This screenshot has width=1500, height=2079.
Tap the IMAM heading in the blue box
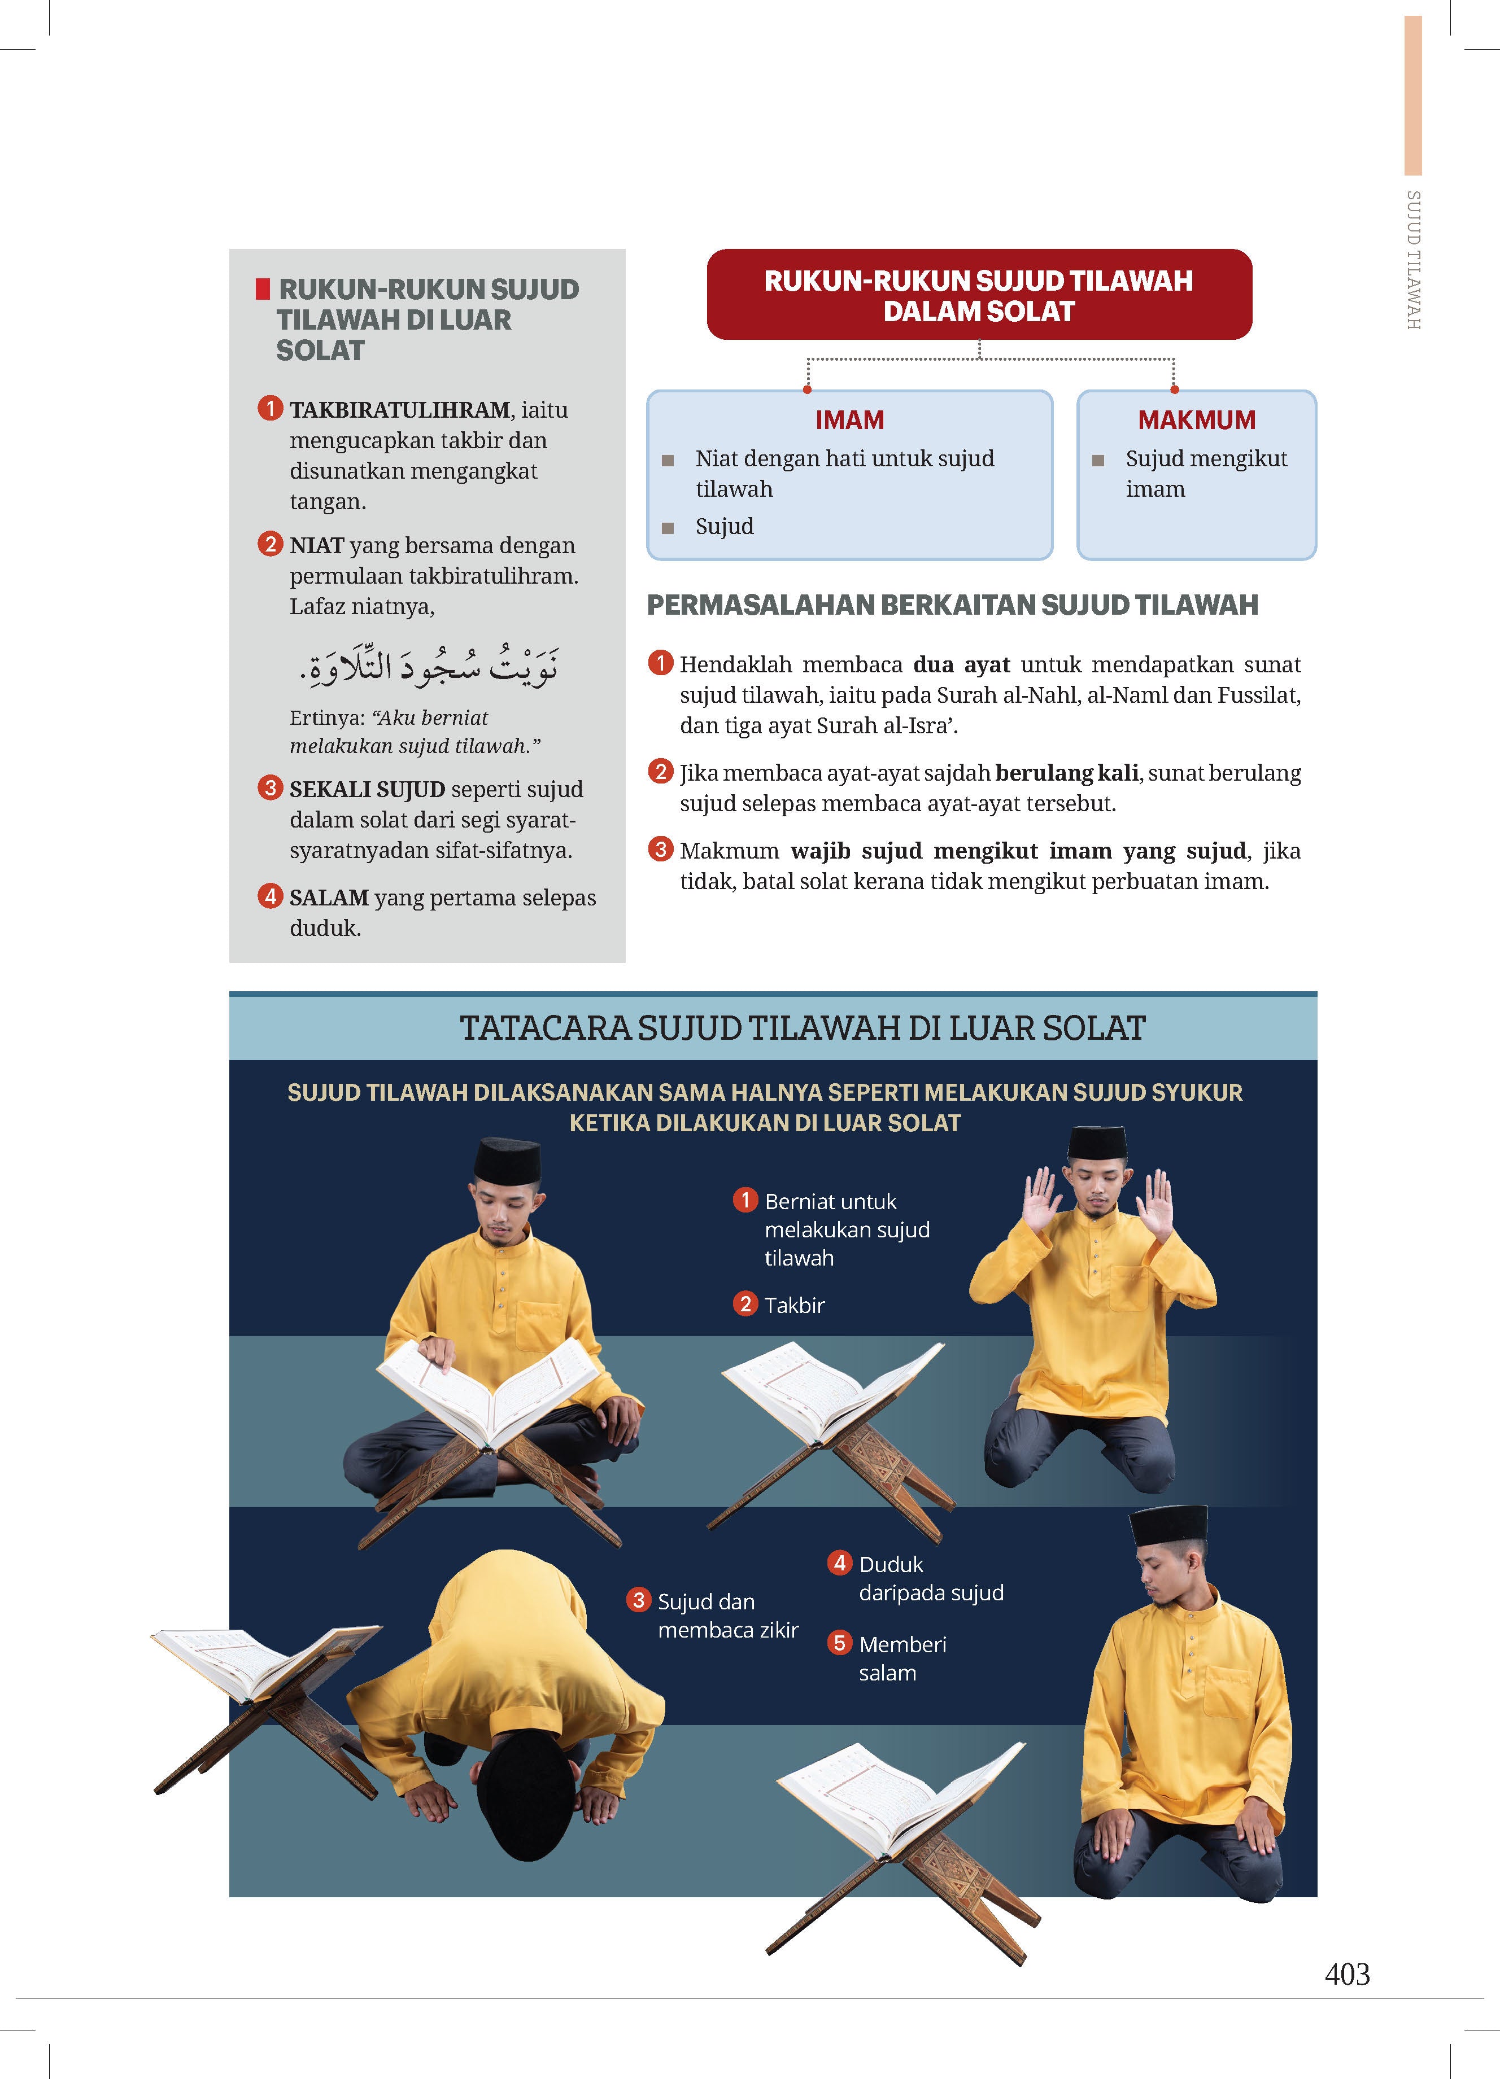[849, 420]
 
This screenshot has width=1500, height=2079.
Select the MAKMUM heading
[1197, 420]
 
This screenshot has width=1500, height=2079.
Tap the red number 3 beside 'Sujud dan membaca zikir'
[639, 1600]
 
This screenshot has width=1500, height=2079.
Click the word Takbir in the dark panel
[794, 1305]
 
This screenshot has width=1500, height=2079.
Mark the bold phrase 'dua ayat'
[961, 664]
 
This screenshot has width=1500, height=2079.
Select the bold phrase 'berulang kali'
[1066, 773]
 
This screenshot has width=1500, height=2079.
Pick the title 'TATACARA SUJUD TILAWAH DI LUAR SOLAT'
[803, 1028]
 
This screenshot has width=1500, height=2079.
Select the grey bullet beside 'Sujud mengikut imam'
[1097, 460]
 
